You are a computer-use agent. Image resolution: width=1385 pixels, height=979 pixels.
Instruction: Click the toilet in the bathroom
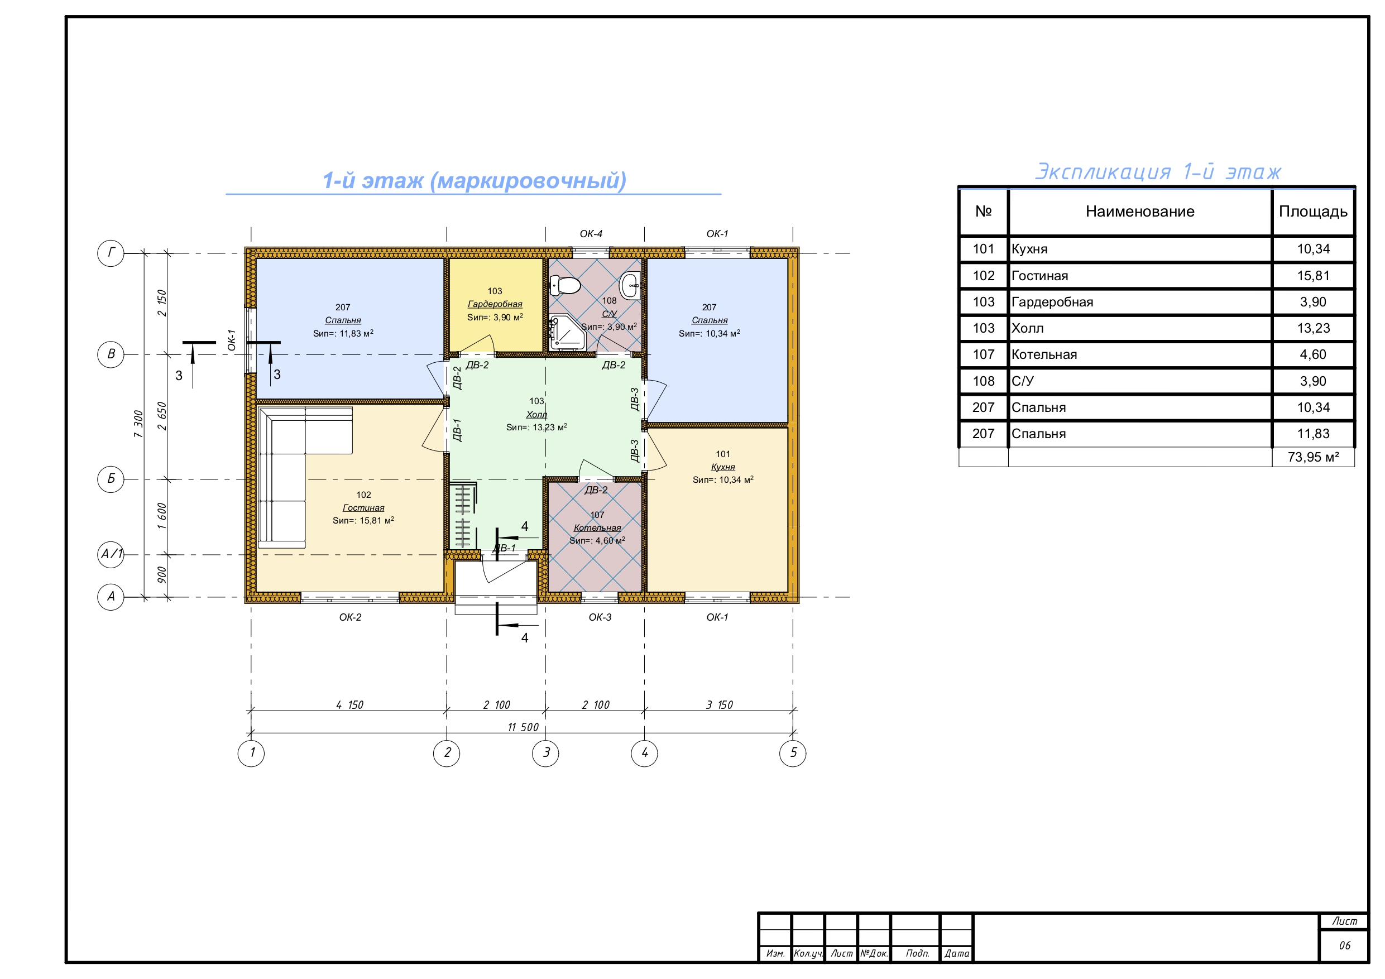click(x=564, y=285)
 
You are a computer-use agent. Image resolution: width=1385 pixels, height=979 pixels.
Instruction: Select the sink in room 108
click(x=630, y=285)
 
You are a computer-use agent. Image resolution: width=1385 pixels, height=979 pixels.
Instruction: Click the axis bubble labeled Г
click(x=111, y=253)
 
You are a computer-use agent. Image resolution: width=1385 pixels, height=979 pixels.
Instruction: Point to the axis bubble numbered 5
click(x=793, y=753)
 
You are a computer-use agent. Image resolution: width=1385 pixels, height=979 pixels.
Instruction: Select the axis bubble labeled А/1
click(x=111, y=554)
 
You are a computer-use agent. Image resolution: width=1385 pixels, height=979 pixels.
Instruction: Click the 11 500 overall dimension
click(x=523, y=727)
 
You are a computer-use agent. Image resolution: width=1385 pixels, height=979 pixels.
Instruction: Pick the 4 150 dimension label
click(x=350, y=704)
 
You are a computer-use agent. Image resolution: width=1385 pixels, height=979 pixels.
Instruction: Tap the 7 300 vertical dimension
click(x=139, y=424)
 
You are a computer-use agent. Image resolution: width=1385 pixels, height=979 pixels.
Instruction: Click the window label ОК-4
click(x=591, y=233)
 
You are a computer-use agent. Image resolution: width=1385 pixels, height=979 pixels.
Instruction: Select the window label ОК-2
click(x=350, y=617)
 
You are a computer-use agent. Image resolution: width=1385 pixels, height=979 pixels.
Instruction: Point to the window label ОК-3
click(x=600, y=617)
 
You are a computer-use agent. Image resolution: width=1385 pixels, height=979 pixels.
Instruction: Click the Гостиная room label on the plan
click(x=363, y=508)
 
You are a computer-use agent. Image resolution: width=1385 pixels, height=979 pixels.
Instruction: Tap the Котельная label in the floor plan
click(x=597, y=528)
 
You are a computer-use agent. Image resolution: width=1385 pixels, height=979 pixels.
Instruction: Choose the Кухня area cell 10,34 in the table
click(x=1313, y=249)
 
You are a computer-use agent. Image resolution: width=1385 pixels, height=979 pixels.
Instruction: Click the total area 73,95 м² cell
click(x=1313, y=457)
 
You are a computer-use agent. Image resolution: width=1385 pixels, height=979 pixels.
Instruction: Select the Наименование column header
click(x=1139, y=211)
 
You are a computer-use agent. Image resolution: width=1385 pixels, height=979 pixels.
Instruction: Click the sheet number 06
click(x=1345, y=945)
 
